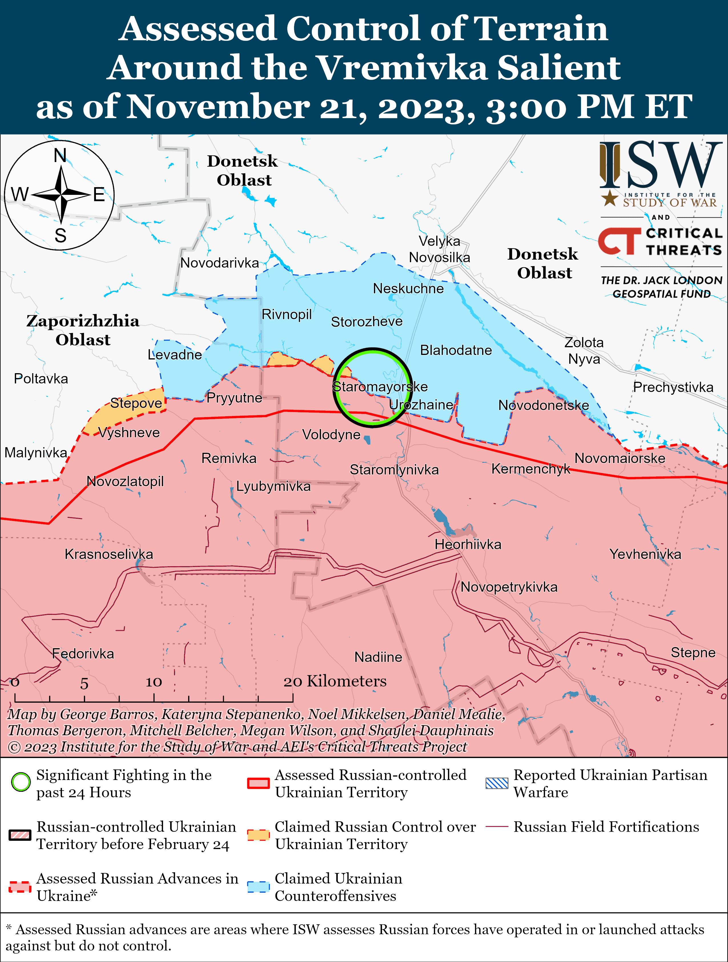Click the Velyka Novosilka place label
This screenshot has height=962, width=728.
click(439, 249)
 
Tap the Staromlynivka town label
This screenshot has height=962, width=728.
click(394, 470)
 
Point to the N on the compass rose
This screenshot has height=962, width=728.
click(60, 155)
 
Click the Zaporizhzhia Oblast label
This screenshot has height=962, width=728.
click(83, 330)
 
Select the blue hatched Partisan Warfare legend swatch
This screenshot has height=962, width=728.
click(496, 783)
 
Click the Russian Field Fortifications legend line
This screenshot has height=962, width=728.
click(496, 826)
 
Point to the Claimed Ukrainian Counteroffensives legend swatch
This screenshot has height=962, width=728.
click(258, 887)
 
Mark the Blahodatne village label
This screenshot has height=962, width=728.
click(456, 350)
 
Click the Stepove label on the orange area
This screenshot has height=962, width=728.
click(136, 403)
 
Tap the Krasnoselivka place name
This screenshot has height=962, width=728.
click(109, 554)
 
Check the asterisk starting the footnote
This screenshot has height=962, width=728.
click(9, 929)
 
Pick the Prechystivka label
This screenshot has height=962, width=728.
click(673, 387)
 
